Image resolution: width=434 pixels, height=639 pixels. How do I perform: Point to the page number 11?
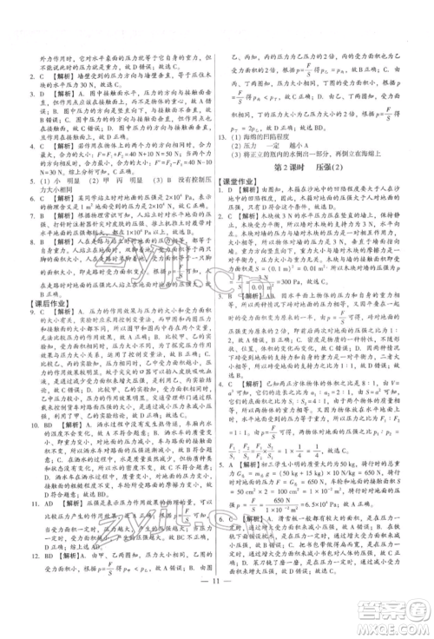[217, 617]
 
